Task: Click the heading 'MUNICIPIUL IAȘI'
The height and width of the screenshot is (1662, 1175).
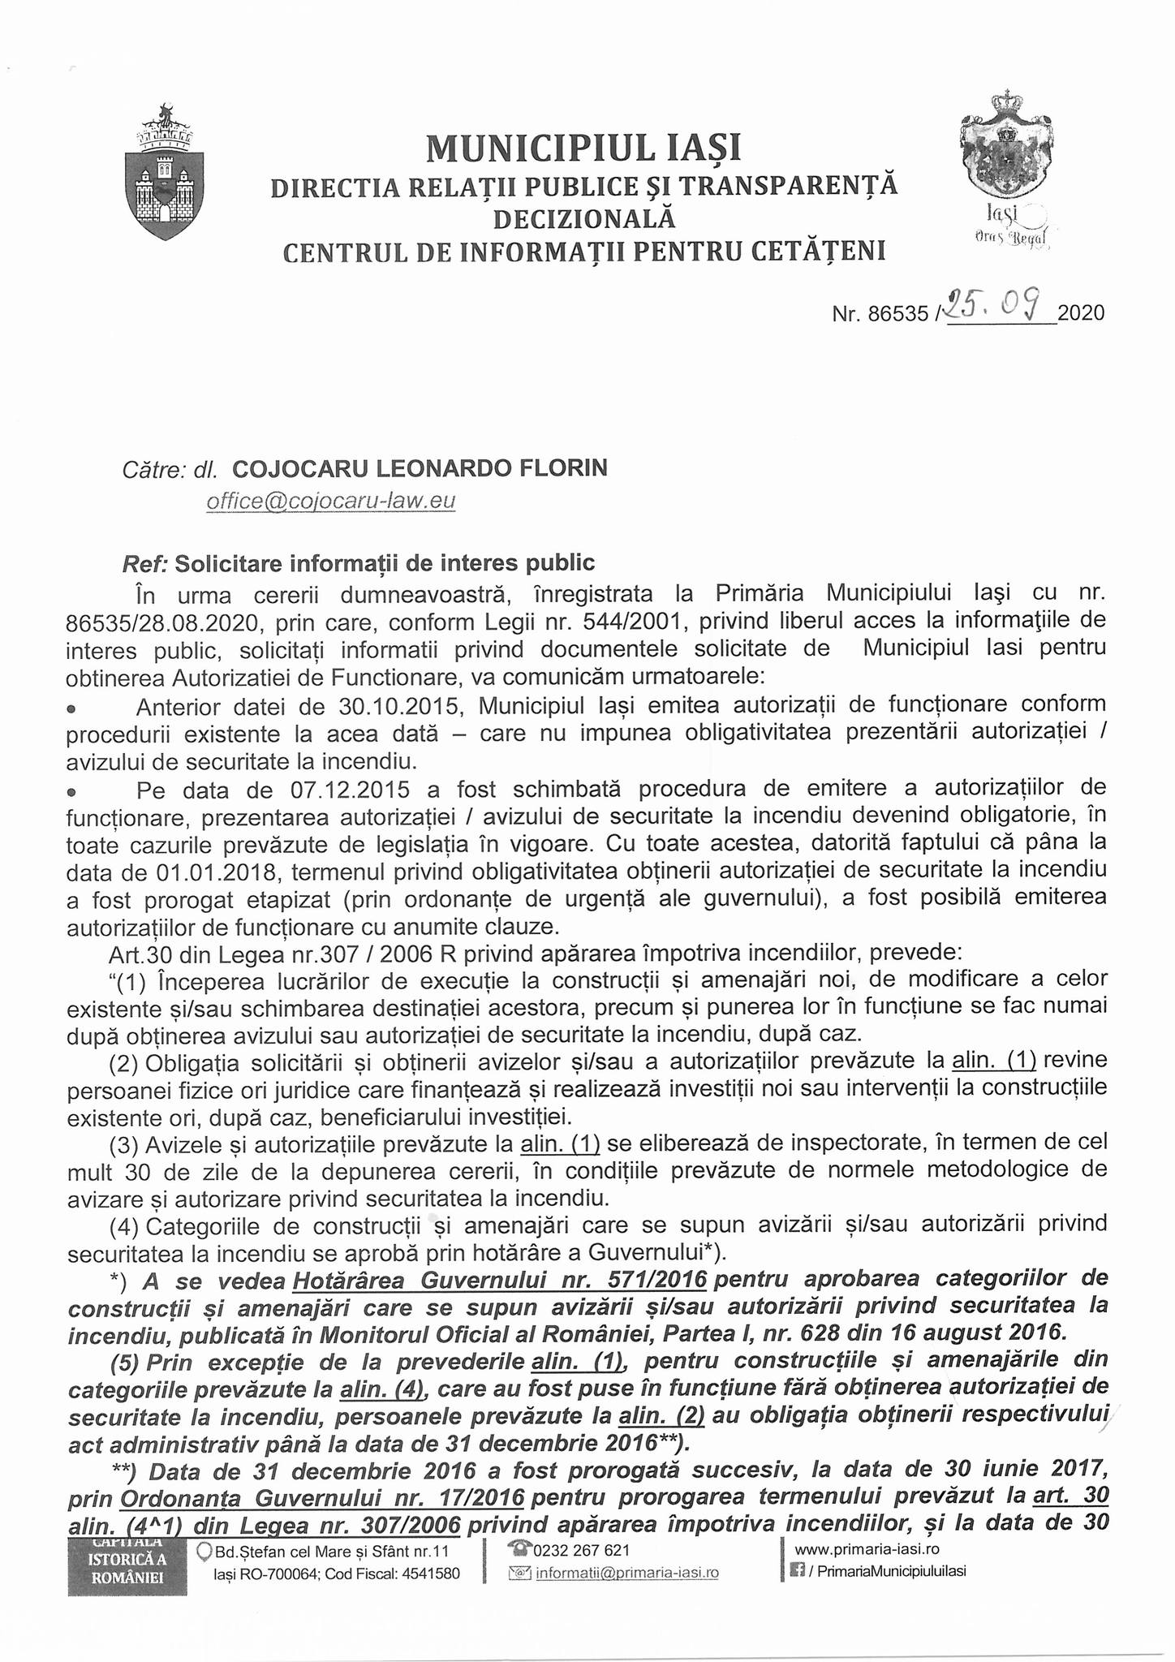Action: click(x=583, y=148)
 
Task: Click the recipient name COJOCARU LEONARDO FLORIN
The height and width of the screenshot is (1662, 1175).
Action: click(x=420, y=468)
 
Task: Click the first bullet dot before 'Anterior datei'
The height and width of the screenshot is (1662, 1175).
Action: click(x=72, y=708)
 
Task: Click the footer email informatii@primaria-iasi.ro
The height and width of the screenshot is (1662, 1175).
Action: click(x=627, y=1573)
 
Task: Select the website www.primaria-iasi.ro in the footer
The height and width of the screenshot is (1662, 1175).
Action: click(x=867, y=1549)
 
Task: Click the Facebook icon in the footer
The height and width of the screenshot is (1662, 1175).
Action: click(x=798, y=1571)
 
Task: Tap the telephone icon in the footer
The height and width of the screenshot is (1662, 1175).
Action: click(x=518, y=1550)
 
